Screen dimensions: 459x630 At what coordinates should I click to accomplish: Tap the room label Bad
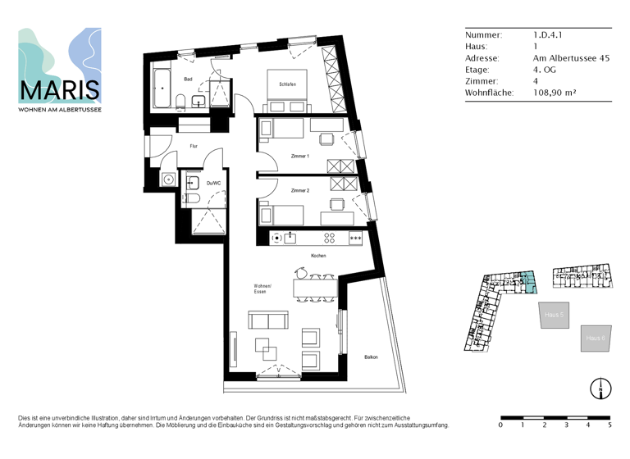[x=188, y=80]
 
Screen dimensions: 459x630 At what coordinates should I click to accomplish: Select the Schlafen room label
[x=287, y=84]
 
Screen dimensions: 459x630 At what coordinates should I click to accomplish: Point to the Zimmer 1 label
[x=299, y=156]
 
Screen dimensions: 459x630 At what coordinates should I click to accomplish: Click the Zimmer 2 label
[x=299, y=190]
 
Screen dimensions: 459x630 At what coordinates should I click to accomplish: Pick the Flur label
[x=194, y=146]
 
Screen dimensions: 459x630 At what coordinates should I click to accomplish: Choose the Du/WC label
[x=213, y=183]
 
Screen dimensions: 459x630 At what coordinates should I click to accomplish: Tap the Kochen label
[x=318, y=256]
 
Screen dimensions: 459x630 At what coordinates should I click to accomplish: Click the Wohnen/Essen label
[x=262, y=289]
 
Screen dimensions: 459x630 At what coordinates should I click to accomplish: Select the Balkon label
[x=372, y=357]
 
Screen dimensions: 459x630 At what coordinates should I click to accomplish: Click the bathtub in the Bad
[x=161, y=89]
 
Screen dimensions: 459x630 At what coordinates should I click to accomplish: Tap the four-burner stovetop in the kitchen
[x=330, y=238]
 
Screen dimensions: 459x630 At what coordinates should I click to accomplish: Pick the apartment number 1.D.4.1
[x=547, y=35]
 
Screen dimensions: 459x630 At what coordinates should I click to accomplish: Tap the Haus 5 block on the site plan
[x=554, y=316]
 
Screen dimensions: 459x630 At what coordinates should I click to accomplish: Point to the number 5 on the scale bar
[x=609, y=425]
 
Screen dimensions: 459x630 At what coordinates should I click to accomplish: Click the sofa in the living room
[x=268, y=320]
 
